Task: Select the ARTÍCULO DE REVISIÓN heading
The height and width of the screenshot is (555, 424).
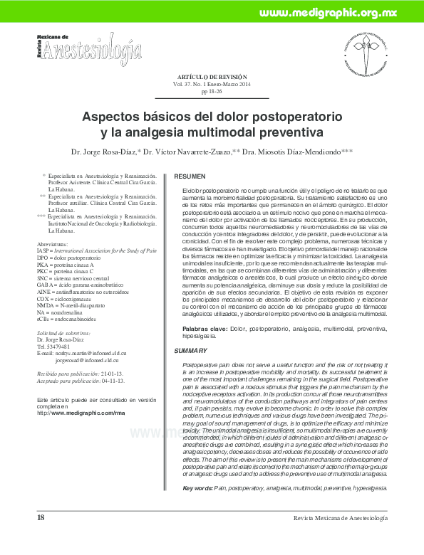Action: click(x=211, y=76)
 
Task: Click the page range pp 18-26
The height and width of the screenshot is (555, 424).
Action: click(x=212, y=92)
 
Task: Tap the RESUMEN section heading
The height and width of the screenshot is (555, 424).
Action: click(x=190, y=176)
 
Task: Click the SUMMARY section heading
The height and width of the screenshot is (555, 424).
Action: click(x=190, y=352)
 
